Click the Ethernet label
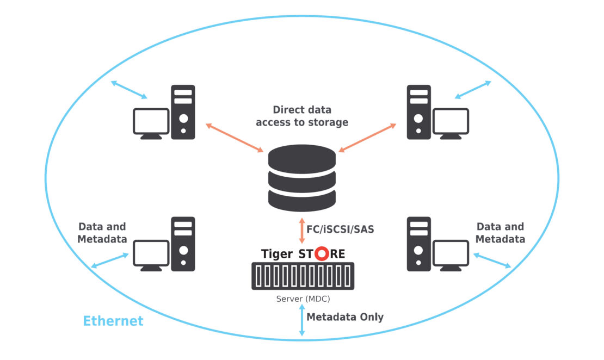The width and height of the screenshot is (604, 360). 113,321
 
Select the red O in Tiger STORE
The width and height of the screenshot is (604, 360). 322,254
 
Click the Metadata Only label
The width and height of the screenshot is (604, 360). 346,317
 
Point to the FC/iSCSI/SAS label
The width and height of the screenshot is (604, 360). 341,229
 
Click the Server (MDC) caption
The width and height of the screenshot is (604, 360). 303,299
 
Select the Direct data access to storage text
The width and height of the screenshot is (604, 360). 302,115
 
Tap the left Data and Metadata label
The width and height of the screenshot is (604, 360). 102,232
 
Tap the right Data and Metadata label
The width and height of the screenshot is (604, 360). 500,232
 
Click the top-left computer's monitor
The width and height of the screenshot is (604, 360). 151,123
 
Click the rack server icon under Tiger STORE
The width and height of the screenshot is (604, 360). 303,276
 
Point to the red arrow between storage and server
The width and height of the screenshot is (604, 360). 302,229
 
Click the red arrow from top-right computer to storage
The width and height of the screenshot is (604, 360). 369,138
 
